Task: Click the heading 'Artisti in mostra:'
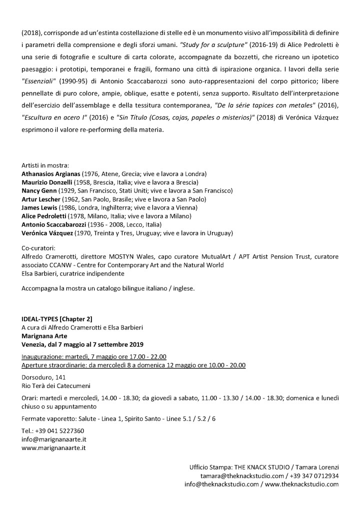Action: pyautogui.click(x=45, y=165)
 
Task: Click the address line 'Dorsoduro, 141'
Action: pyautogui.click(x=43, y=377)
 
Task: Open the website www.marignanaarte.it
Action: pyautogui.click(x=53, y=448)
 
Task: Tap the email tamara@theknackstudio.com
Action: pyautogui.click(x=242, y=475)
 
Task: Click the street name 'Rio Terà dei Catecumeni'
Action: pyautogui.click(x=56, y=385)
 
